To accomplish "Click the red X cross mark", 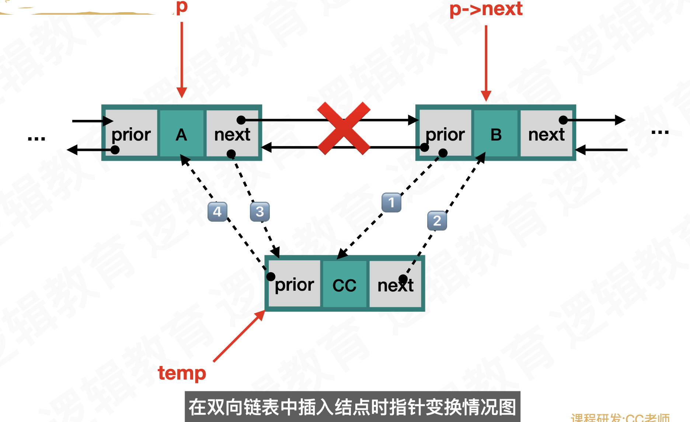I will (x=344, y=128).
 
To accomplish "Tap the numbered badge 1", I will (x=391, y=202).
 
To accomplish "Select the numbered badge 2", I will (x=437, y=221).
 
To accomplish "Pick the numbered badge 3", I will (x=259, y=211).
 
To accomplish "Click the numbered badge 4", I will (x=217, y=211).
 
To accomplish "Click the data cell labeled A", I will (x=181, y=134).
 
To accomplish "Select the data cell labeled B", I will (x=496, y=134).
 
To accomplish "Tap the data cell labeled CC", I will (x=344, y=284).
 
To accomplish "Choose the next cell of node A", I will (x=232, y=134).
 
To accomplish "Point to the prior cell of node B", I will (x=445, y=134).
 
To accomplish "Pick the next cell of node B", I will (x=546, y=134).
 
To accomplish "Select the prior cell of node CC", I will (x=294, y=284).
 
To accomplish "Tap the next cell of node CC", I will (x=395, y=284).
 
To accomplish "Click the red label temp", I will (x=182, y=373).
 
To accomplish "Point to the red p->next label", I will (x=486, y=9).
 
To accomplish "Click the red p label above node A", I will (x=182, y=7).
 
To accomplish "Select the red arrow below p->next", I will (x=486, y=63).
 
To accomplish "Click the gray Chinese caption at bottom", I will (x=352, y=407).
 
